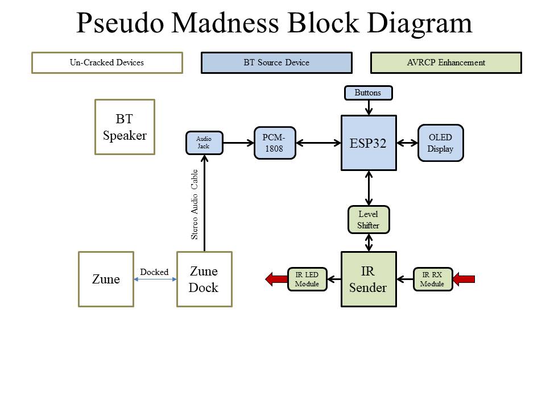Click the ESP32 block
tap(369, 143)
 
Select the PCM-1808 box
tap(275, 143)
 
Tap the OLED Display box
tap(440, 143)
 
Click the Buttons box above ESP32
tap(368, 93)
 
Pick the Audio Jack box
tap(204, 143)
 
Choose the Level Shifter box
tap(368, 220)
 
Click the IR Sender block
tap(368, 279)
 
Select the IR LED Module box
tap(307, 279)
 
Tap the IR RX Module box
tap(432, 279)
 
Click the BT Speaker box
tap(125, 127)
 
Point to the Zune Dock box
tap(204, 279)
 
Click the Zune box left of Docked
tap(106, 279)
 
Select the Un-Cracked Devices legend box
tap(107, 62)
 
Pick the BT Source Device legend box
tap(276, 62)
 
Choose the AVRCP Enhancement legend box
tap(446, 62)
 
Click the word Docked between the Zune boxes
tap(154, 272)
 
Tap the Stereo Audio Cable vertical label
tap(195, 204)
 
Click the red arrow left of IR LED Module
tap(276, 279)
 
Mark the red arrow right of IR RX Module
tap(464, 279)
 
